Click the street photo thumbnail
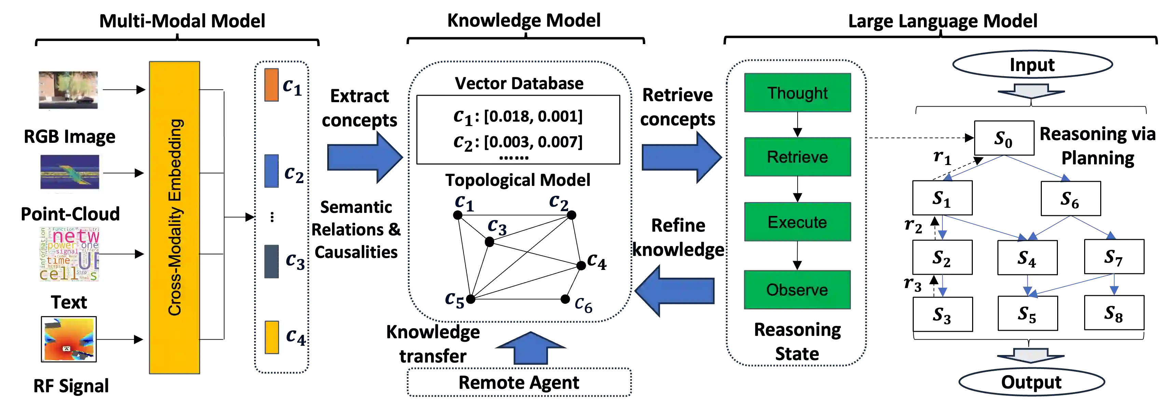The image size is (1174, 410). pos(68,90)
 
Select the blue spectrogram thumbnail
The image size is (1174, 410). pos(71,172)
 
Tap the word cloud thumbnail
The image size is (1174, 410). pos(69,254)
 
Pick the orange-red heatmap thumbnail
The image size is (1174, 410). pos(69,339)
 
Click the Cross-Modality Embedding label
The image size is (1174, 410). pos(175,217)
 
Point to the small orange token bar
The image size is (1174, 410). pos(271,85)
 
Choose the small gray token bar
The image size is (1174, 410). pos(271,261)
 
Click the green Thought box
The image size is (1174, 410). pos(797,93)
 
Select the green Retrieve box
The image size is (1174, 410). pos(797,157)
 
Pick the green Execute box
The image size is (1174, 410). pos(797,222)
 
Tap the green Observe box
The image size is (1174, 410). pos(797,290)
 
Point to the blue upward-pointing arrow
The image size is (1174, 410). pos(530,349)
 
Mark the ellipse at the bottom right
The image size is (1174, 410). pos(1031,382)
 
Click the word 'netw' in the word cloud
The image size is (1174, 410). pos(75,236)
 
